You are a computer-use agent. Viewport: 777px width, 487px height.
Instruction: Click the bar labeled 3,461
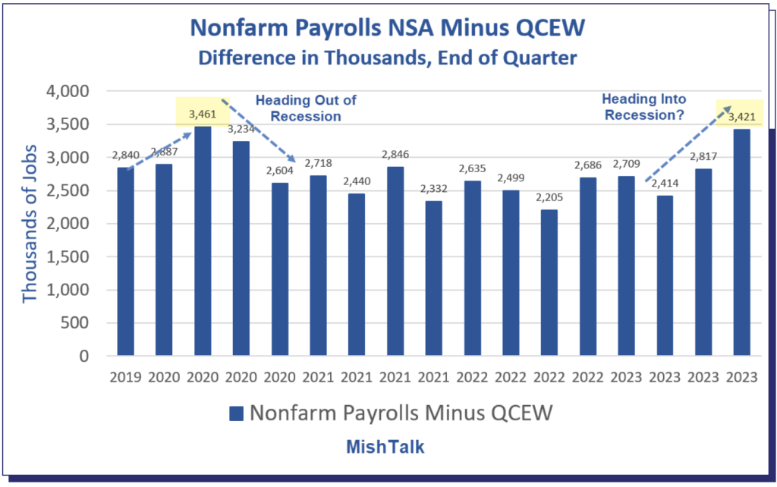coord(203,243)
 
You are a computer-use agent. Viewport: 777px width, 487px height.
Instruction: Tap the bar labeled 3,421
coord(741,243)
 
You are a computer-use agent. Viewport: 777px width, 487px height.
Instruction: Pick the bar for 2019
coord(126,262)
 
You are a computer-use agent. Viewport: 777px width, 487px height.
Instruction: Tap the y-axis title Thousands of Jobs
coord(30,223)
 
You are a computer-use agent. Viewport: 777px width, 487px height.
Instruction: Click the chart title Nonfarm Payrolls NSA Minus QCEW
coord(388,27)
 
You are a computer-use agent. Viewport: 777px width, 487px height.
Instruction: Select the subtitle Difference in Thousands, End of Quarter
coord(388,56)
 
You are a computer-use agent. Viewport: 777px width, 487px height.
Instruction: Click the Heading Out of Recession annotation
coord(305,108)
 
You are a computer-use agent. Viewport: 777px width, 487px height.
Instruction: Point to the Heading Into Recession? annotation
coord(643,107)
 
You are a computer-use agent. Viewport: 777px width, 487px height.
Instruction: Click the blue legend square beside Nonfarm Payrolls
coord(236,413)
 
